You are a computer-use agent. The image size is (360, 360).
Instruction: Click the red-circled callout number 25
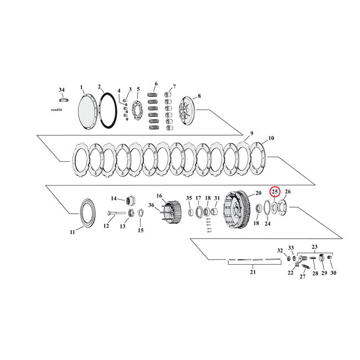[x=275, y=192]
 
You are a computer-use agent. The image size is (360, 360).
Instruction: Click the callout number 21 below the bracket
[x=254, y=272]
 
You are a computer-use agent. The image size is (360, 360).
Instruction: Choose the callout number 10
[x=271, y=138]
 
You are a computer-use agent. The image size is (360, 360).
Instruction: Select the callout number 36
[x=151, y=205]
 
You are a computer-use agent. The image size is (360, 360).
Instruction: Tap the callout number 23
[x=315, y=246]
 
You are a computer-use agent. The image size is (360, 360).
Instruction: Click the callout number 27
[x=303, y=276]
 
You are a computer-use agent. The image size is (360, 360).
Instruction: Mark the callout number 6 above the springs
[x=156, y=84]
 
